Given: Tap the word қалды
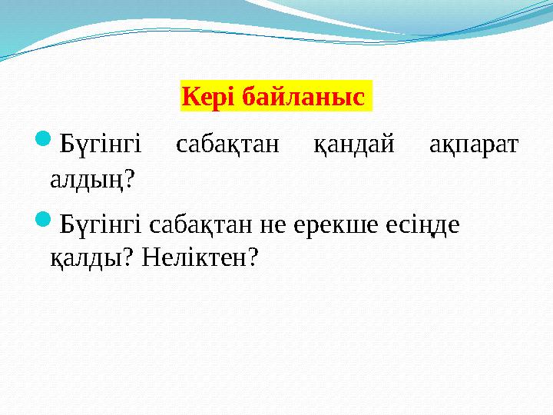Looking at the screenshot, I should [x=79, y=259].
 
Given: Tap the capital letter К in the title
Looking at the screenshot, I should [x=189, y=98].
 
